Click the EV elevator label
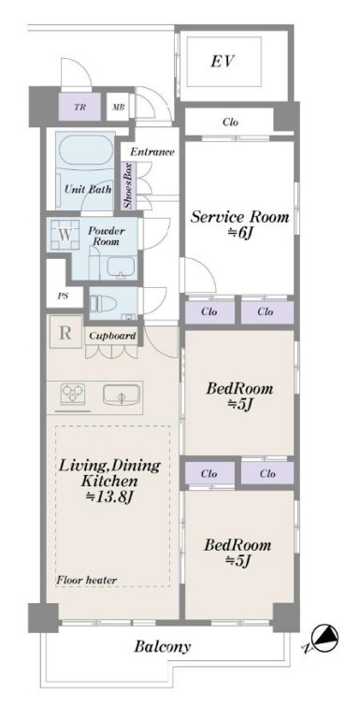coord(223,61)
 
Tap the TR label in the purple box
coord(79,108)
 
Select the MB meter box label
coord(119,108)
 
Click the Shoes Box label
coord(128,186)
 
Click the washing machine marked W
coord(65,235)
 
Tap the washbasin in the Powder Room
coord(121,267)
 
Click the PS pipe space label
coord(63,297)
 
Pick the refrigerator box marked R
coord(65,333)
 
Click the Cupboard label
coord(112,336)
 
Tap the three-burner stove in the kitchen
coord(73,395)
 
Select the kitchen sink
coord(121,396)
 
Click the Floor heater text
coord(87,580)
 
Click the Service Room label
coord(239,217)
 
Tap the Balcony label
coord(163,647)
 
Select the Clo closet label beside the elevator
coord(230,123)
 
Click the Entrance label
coord(152,151)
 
